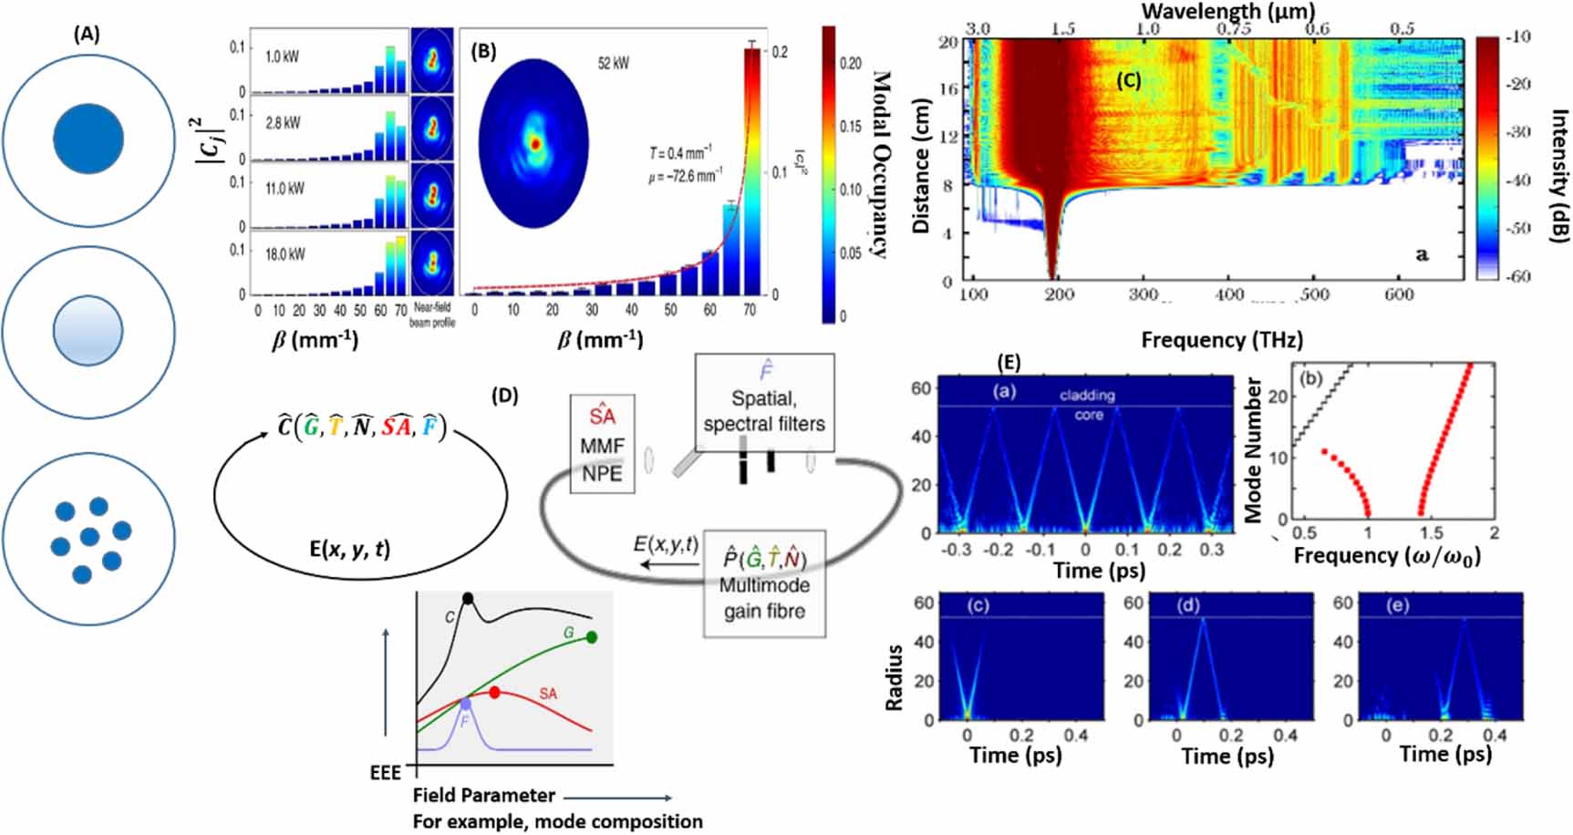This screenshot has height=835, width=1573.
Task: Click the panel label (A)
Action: click(x=88, y=34)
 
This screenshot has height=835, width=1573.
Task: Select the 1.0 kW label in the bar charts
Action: click(x=282, y=57)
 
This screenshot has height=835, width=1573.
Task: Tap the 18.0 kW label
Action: click(x=285, y=254)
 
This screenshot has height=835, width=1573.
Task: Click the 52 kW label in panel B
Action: click(x=613, y=63)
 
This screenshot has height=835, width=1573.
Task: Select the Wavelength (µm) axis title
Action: click(x=1227, y=11)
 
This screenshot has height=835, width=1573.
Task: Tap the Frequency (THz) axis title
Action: click(x=1221, y=340)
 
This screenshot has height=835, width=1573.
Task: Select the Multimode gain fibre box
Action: click(x=764, y=584)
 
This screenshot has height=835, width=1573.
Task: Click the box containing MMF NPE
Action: click(x=602, y=444)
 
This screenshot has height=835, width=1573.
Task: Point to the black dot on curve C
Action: click(x=468, y=598)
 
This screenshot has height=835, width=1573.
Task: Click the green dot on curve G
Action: click(x=592, y=637)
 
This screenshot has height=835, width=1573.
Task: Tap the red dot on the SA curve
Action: click(x=495, y=693)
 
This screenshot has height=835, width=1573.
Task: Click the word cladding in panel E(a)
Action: click(x=1087, y=395)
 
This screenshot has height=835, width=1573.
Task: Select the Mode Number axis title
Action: click(x=1255, y=451)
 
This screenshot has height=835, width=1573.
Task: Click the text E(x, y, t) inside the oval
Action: click(x=349, y=549)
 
